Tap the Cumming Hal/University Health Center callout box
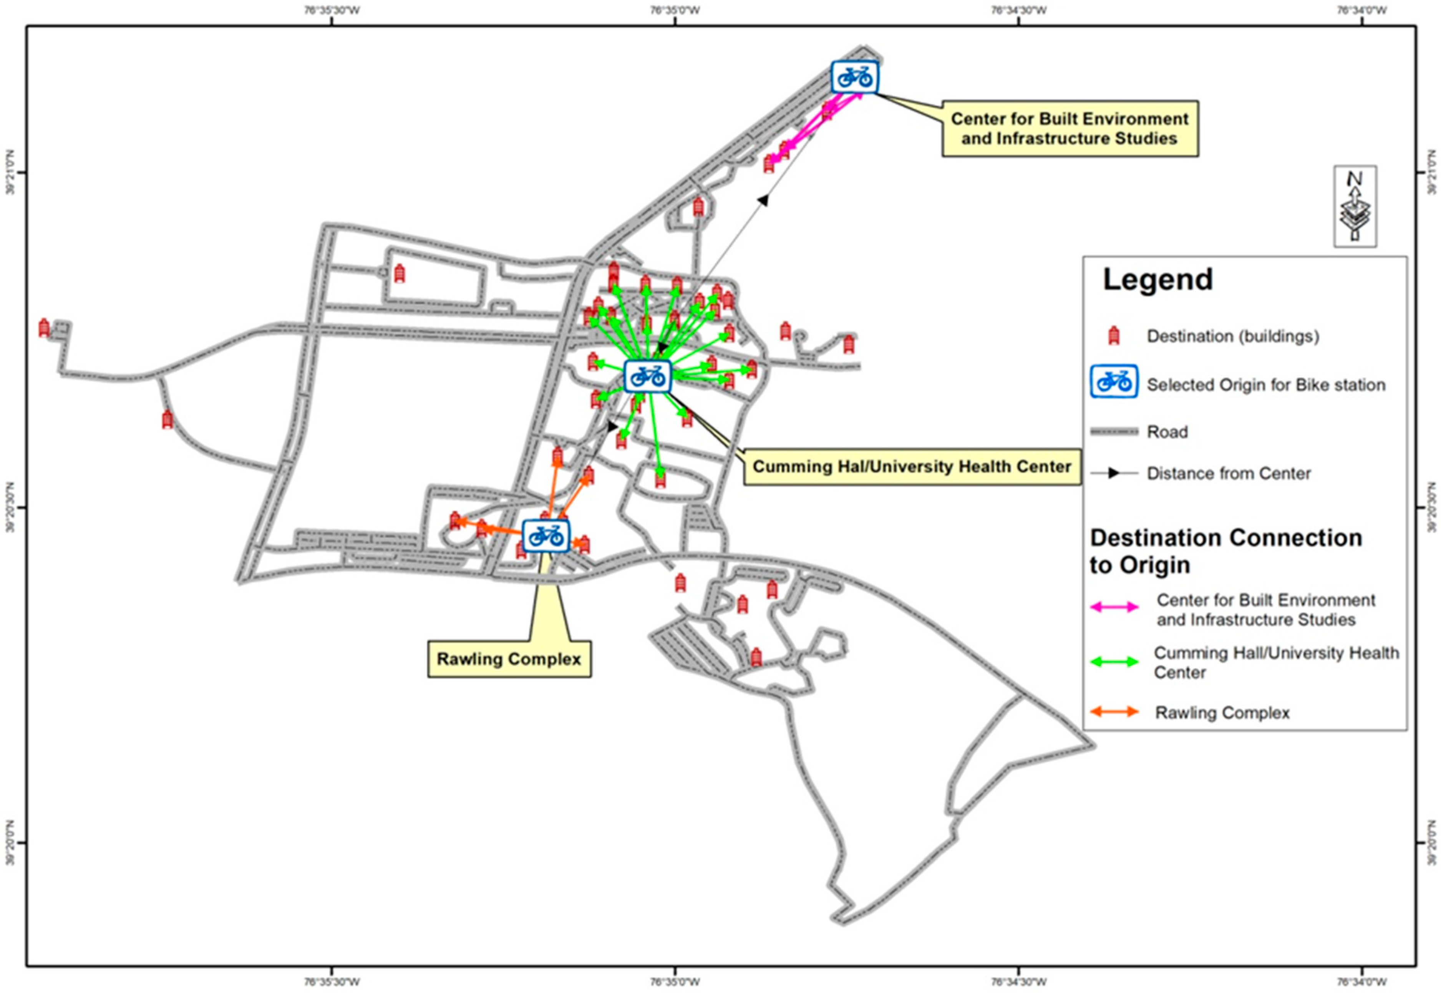912,467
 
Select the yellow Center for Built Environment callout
1070,128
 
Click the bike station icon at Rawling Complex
546,535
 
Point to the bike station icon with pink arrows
855,77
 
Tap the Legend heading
1157,279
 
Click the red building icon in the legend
1114,337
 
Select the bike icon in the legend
1114,382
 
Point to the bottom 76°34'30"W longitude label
1018,982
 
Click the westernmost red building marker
43,328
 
